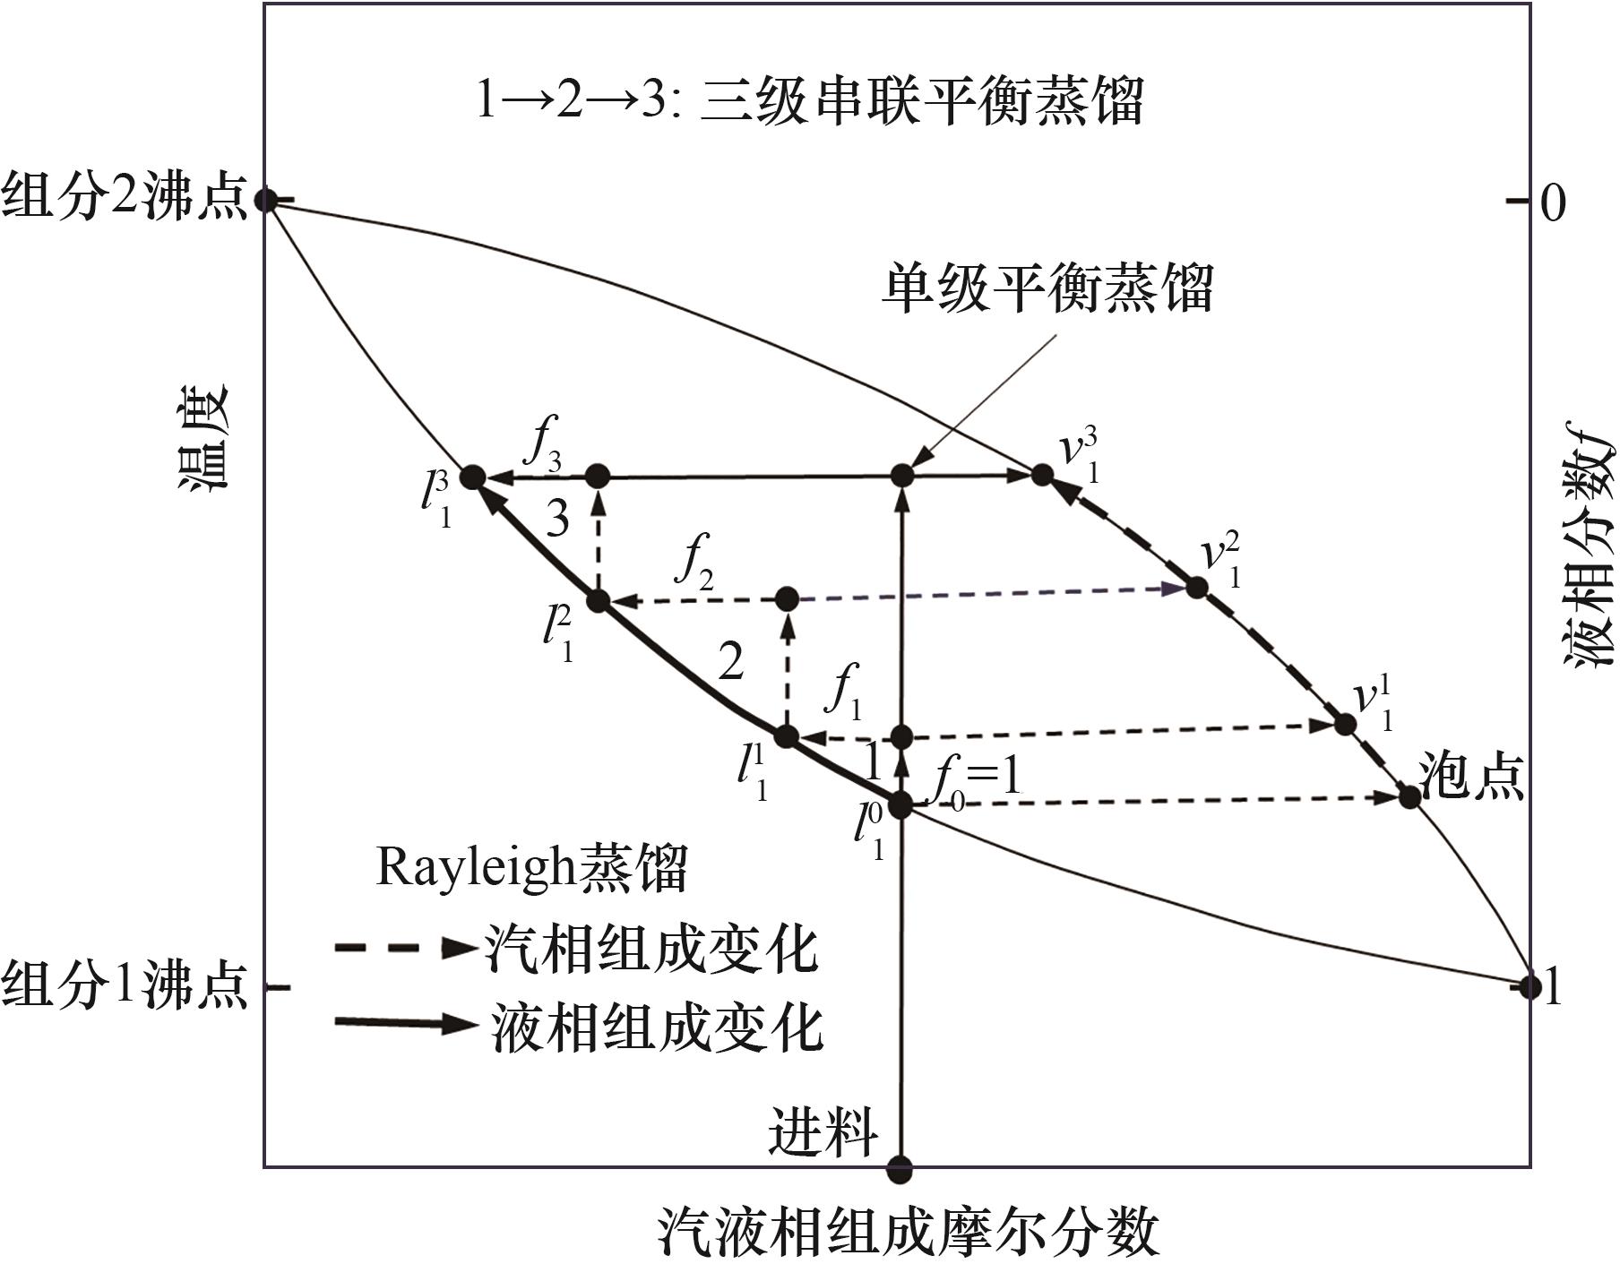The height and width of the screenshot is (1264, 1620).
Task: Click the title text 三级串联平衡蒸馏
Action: pyautogui.click(x=921, y=99)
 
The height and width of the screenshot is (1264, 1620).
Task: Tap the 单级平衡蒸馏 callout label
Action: pyautogui.click(x=1047, y=288)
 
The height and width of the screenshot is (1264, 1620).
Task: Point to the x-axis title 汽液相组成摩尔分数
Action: pyautogui.click(x=909, y=1231)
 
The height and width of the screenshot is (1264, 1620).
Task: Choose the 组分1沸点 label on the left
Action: pyautogui.click(x=124, y=985)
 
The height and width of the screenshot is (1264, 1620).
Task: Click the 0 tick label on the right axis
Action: pyautogui.click(x=1552, y=202)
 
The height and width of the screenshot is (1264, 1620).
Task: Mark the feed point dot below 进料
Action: pyautogui.click(x=900, y=1168)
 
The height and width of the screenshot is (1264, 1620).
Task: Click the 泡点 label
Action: pyautogui.click(x=1472, y=775)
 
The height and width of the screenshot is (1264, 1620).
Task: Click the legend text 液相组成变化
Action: pyautogui.click(x=657, y=1027)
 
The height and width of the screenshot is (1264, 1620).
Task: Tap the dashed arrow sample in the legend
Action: pyautogui.click(x=405, y=948)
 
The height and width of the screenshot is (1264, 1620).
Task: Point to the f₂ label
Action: pyautogui.click(x=695, y=562)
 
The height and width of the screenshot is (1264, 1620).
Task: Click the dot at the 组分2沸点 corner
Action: pyautogui.click(x=265, y=199)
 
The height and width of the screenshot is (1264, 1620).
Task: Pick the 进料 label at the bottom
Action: pyautogui.click(x=822, y=1132)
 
